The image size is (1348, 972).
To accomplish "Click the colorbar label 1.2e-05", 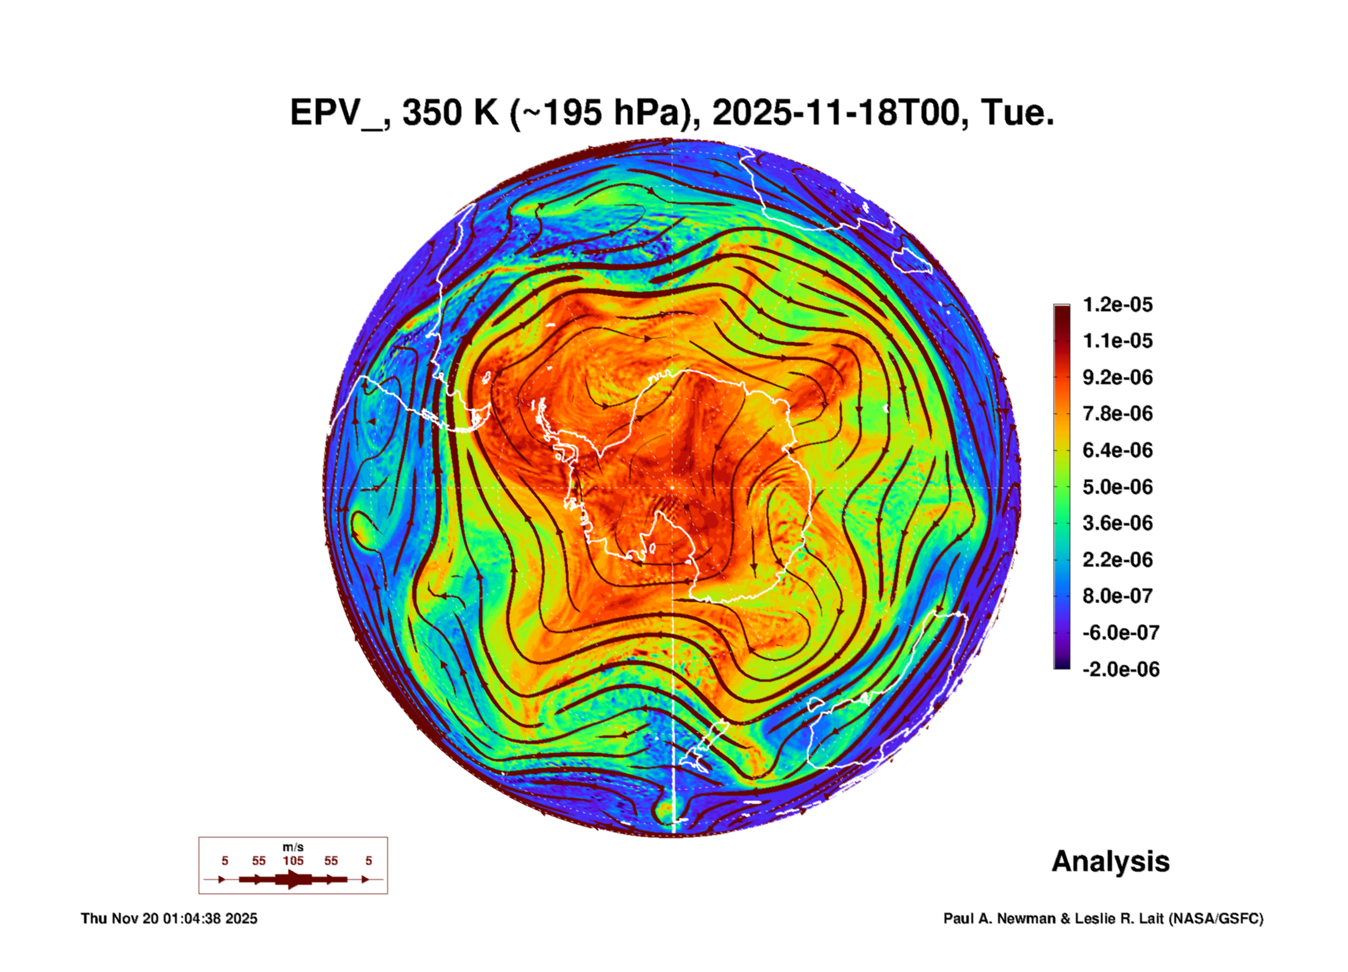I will (x=1117, y=304).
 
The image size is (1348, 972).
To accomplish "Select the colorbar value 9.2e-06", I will (x=1117, y=377).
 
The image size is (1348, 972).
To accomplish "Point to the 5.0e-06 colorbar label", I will (x=1117, y=487).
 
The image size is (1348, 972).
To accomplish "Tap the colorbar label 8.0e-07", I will (x=1117, y=596).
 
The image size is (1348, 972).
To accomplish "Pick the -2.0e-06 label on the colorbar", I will (x=1120, y=669).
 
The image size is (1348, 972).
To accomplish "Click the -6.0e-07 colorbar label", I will (x=1120, y=633).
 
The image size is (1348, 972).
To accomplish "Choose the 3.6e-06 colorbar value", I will (x=1117, y=523).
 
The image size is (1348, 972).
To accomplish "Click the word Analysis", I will (x=1110, y=862).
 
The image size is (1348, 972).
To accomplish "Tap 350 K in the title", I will (x=450, y=113).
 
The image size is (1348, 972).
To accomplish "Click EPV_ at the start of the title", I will (x=337, y=113).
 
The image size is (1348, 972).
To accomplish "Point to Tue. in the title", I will (x=1017, y=113).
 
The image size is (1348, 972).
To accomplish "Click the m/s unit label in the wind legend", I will (x=293, y=847).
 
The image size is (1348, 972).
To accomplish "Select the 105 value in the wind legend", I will (x=293, y=861).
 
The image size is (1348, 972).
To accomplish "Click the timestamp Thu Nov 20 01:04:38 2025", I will (x=169, y=918).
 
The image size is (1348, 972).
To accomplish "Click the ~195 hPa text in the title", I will (x=603, y=113).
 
